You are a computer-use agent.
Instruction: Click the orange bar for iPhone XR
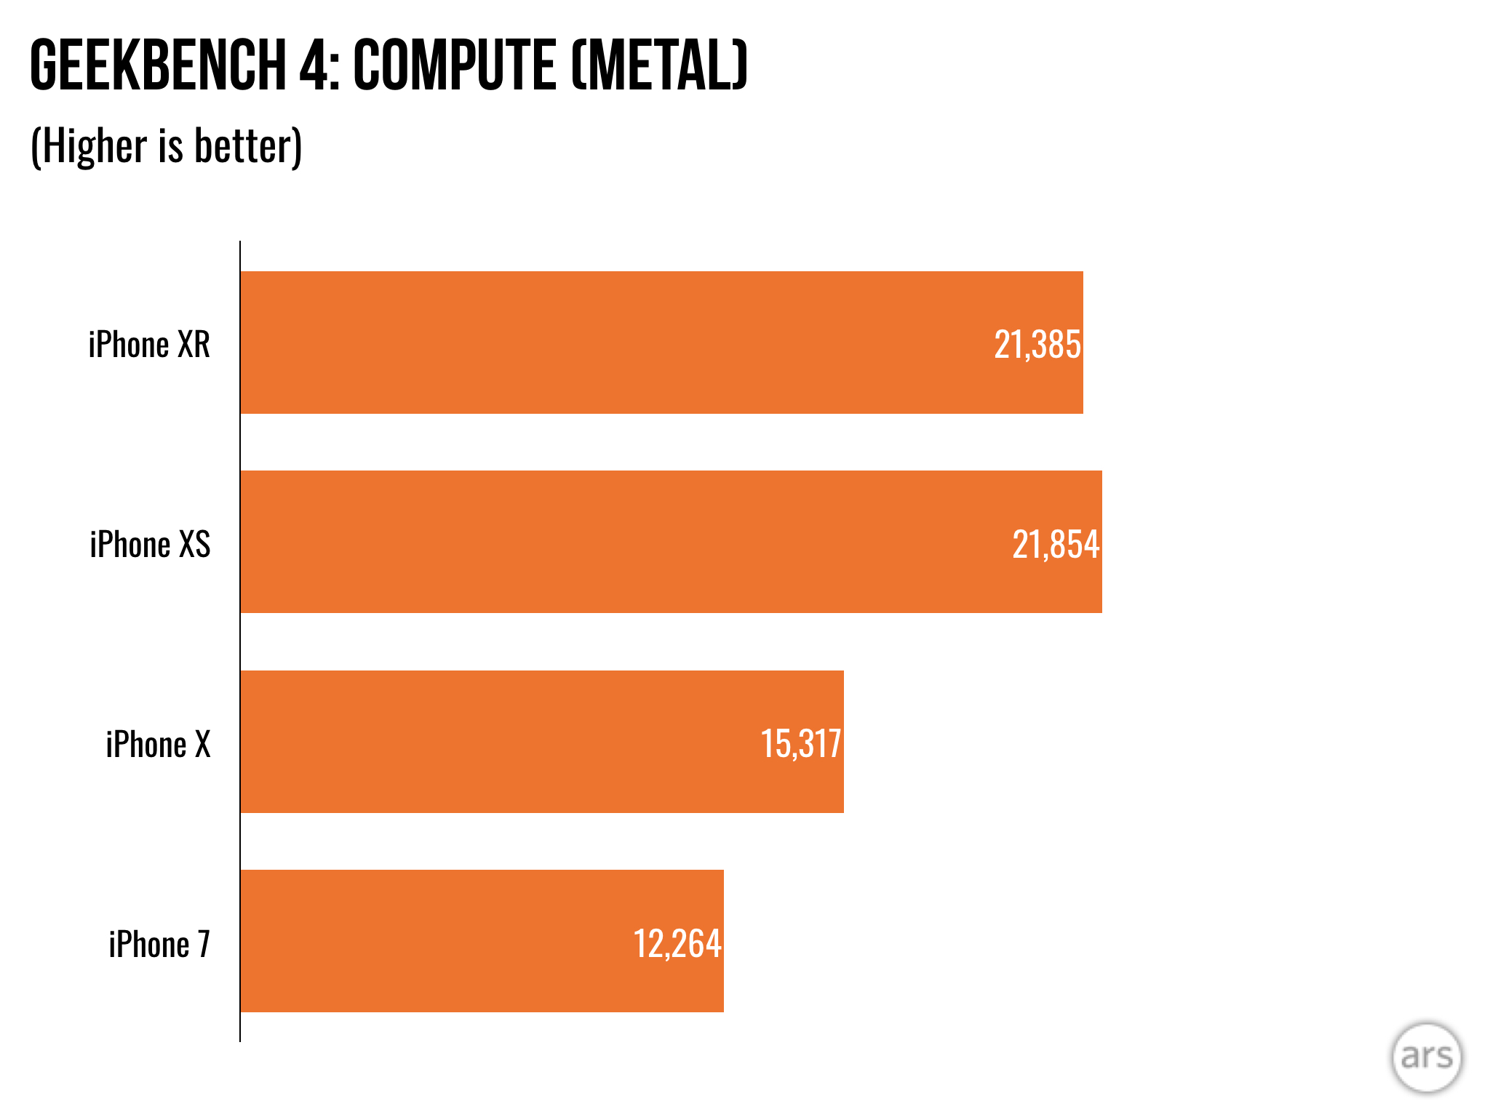[618, 343]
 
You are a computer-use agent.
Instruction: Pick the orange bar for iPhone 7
[437, 941]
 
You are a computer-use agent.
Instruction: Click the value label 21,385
[1037, 345]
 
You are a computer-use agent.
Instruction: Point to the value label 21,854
[1056, 545]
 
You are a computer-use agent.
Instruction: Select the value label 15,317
[800, 744]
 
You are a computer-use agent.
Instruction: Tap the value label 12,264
[677, 944]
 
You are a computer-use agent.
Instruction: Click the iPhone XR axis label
[149, 345]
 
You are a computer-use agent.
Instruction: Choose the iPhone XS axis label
[150, 545]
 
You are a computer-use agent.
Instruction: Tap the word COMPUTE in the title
[455, 65]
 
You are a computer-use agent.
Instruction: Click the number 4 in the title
[313, 65]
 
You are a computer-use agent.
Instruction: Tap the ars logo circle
[1426, 1057]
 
